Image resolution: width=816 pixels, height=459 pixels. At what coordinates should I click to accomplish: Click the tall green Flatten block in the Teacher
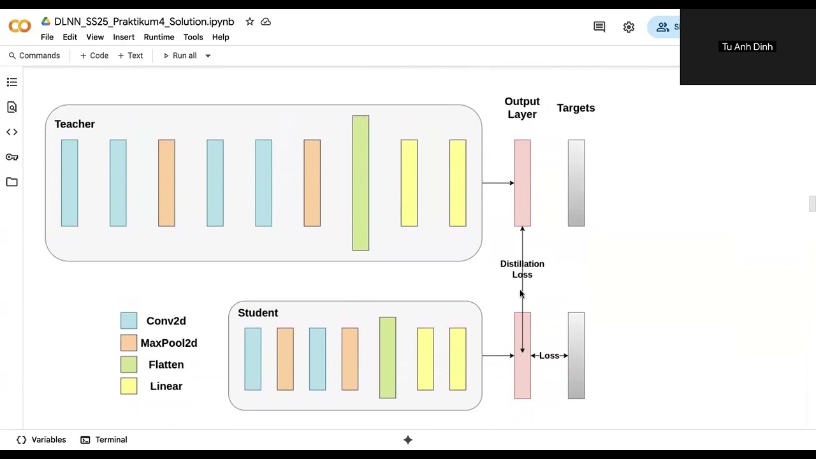[361, 183]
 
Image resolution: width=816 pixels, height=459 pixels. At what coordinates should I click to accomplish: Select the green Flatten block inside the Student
[388, 358]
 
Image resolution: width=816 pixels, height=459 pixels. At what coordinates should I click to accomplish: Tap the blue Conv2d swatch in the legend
[129, 321]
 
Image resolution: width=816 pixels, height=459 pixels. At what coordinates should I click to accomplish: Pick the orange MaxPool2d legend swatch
[129, 343]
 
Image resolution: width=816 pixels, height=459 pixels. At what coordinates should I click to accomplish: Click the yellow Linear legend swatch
[129, 386]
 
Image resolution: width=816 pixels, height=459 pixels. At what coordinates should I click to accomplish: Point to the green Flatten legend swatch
[129, 364]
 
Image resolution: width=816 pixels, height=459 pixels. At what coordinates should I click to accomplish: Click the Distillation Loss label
[522, 269]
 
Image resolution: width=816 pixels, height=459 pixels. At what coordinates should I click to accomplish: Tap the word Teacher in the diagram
[75, 124]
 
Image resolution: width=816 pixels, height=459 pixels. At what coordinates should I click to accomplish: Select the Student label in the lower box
[258, 313]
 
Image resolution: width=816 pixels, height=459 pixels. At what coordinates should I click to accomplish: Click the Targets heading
[576, 108]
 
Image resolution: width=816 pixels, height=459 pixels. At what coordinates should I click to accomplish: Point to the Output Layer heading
[522, 108]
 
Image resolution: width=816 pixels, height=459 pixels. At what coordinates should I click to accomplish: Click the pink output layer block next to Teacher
[522, 183]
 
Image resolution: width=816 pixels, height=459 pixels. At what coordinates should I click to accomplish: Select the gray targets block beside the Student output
[576, 356]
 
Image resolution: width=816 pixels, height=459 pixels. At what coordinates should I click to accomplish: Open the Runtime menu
[159, 37]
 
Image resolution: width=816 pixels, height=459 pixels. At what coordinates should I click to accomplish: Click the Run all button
[180, 55]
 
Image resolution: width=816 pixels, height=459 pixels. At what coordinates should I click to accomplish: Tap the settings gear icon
[629, 27]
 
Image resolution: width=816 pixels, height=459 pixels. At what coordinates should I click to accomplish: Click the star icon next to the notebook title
[249, 22]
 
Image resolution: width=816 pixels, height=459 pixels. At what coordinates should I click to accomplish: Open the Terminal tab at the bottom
[104, 440]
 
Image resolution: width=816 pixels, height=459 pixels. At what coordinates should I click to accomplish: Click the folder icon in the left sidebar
[12, 182]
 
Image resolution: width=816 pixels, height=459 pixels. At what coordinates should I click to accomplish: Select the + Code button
[94, 55]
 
